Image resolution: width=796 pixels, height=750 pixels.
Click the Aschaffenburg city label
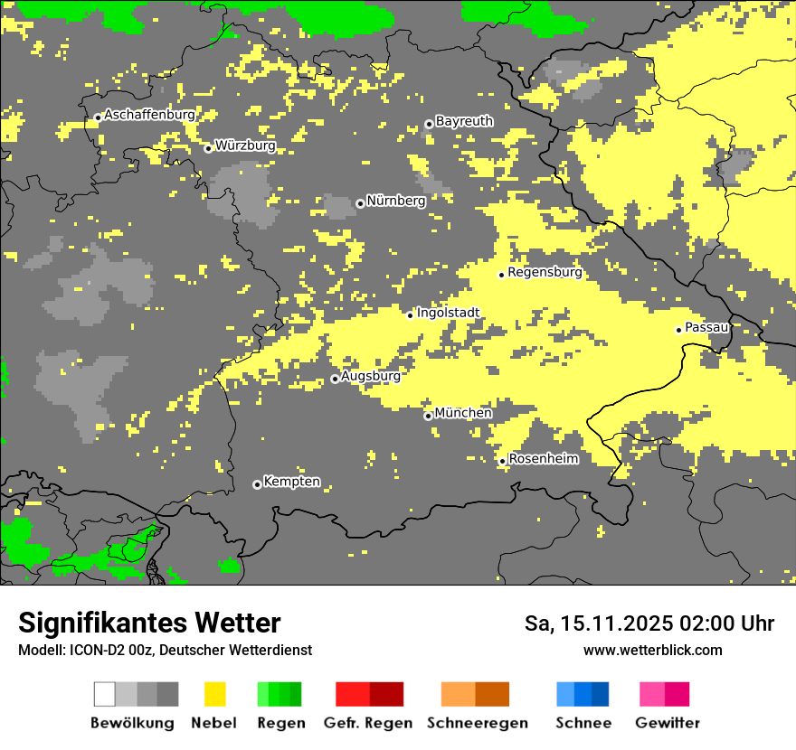click(149, 116)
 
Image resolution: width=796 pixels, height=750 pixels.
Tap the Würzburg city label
click(245, 145)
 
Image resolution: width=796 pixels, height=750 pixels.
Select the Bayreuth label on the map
click(464, 121)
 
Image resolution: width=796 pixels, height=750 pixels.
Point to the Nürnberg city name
click(395, 201)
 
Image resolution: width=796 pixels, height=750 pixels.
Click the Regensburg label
click(545, 272)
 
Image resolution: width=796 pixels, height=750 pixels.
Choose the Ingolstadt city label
click(448, 313)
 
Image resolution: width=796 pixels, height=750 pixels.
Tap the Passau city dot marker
click(678, 330)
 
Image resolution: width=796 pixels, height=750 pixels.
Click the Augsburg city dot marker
click(335, 379)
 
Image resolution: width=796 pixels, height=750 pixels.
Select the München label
click(463, 413)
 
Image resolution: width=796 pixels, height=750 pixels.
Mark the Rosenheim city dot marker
click(502, 461)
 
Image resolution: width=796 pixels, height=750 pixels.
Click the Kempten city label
click(291, 482)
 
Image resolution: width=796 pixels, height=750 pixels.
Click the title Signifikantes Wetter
click(149, 623)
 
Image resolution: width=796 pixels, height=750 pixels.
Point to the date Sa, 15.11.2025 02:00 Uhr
click(649, 623)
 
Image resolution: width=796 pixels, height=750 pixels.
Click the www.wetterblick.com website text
click(653, 651)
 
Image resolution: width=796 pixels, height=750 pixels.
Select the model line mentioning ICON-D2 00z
click(165, 651)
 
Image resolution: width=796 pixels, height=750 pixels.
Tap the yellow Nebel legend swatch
click(214, 694)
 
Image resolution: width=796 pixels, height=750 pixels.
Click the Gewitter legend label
click(668, 723)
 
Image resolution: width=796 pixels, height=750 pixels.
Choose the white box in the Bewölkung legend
click(104, 694)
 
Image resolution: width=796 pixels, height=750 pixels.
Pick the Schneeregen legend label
click(477, 723)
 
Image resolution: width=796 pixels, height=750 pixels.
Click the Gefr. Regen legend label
click(368, 723)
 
